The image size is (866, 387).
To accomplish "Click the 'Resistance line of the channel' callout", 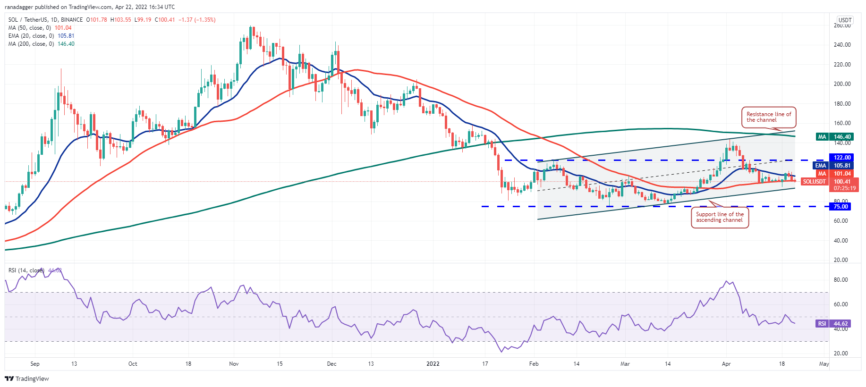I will (x=768, y=117).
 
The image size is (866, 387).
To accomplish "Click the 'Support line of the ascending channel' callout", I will (x=720, y=217).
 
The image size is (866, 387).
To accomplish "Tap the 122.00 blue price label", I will (x=842, y=158).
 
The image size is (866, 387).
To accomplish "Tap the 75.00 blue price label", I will (x=841, y=206).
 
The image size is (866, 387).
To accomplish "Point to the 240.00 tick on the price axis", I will (x=842, y=45).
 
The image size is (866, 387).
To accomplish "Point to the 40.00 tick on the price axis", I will (x=841, y=241).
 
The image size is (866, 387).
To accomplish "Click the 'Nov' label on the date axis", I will (x=234, y=364).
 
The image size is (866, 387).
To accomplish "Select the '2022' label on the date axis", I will (x=433, y=364).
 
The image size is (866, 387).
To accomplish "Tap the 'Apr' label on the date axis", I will (x=726, y=364).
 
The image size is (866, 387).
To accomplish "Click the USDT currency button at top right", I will (x=844, y=20).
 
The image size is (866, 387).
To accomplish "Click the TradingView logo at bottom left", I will (x=27, y=379).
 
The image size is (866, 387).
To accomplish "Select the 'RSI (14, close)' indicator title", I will (x=26, y=270).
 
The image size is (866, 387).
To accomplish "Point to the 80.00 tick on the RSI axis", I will (x=841, y=280).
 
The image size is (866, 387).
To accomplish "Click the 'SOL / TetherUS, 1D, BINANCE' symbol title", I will (x=45, y=20).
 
